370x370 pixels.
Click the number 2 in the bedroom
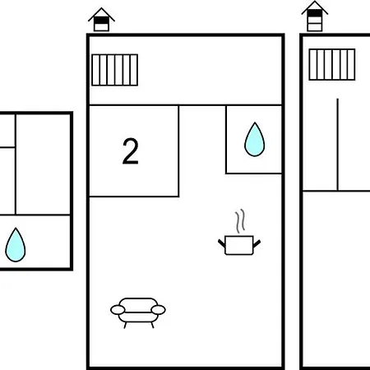131,151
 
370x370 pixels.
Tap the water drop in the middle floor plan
255,140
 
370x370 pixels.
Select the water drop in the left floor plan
16,245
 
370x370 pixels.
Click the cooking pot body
239,245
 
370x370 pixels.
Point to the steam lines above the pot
240,221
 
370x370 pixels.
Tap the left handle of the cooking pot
221,243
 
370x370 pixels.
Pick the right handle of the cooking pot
257,243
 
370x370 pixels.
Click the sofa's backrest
138,304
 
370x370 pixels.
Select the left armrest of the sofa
118,310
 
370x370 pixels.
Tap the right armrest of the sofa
158,310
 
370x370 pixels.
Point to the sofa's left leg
125,325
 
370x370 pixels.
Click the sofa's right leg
152,325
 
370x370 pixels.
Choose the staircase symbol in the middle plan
115,70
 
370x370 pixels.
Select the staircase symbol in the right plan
332,65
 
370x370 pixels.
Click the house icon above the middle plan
101,20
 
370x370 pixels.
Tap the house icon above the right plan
315,16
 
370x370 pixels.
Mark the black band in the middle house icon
101,21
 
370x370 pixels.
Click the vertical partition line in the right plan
338,145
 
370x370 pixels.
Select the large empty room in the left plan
43,164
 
